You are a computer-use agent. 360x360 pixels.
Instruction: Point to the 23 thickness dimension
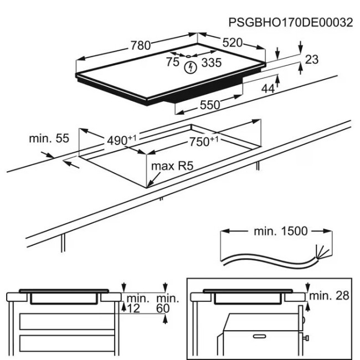[x=312, y=59]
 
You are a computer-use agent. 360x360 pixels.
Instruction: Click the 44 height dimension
[x=268, y=88]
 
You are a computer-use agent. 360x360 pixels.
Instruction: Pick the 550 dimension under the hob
[x=210, y=104]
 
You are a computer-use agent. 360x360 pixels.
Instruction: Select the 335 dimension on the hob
[x=210, y=63]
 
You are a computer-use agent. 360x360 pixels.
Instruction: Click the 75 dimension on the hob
[x=173, y=63]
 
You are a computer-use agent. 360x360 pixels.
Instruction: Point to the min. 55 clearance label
[x=49, y=138]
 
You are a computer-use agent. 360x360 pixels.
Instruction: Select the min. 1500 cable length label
[x=280, y=231]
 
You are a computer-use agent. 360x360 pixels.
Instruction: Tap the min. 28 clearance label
[x=330, y=295]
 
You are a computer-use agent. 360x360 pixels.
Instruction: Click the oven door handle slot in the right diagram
[x=258, y=335]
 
